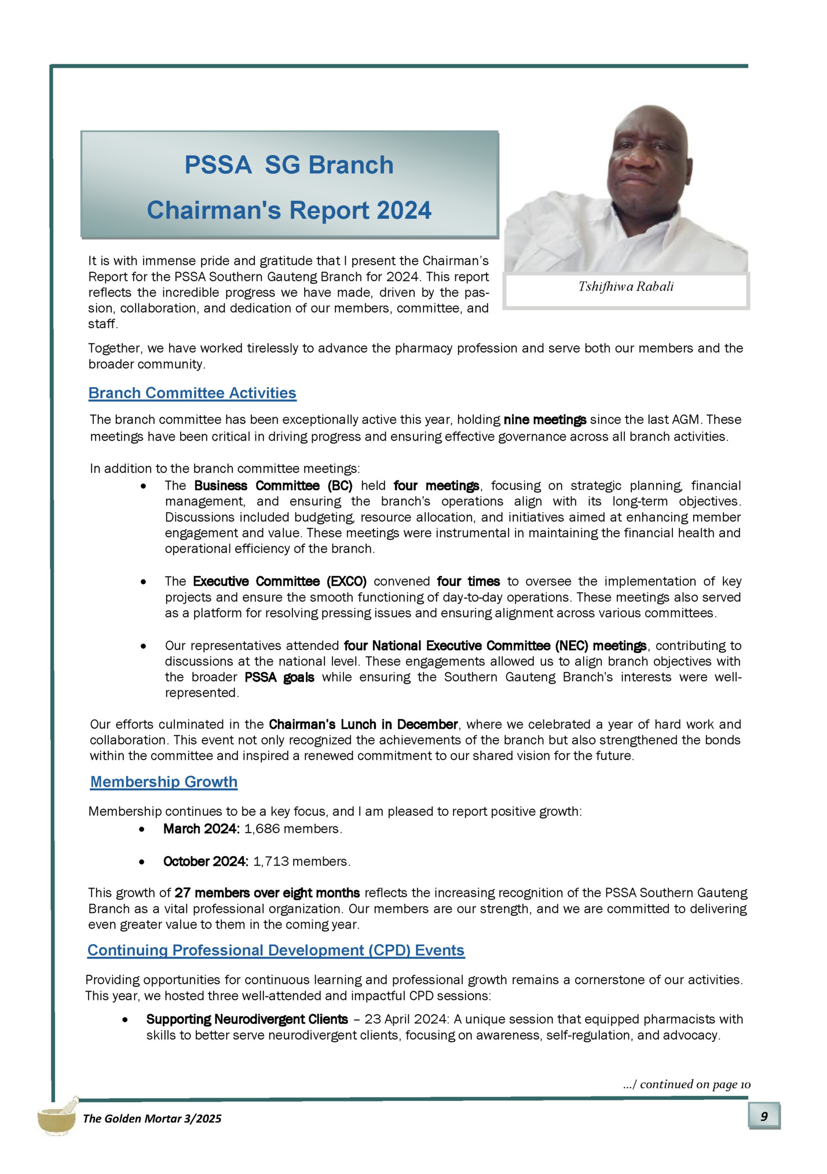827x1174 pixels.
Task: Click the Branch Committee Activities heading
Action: coord(192,393)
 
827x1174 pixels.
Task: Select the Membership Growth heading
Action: coord(163,782)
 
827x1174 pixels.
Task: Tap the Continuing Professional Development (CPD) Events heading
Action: coord(276,951)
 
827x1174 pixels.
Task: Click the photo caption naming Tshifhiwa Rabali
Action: coord(625,287)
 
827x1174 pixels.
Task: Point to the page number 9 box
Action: coord(764,1116)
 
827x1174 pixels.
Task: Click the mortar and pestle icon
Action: coord(57,1116)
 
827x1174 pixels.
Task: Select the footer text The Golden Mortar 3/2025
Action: coord(152,1118)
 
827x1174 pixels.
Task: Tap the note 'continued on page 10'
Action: coord(687,1084)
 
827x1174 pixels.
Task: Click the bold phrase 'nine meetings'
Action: coord(545,420)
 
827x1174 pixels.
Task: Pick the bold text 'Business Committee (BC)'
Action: coord(273,486)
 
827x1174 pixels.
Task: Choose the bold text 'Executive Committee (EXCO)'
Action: coord(280,581)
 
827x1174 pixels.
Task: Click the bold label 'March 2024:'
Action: coord(202,829)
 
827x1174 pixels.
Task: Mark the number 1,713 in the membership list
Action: coord(270,861)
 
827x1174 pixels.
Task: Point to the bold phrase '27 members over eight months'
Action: coord(267,893)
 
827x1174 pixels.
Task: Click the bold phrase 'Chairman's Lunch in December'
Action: coord(363,724)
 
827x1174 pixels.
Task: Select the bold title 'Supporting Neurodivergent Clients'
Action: coord(247,1019)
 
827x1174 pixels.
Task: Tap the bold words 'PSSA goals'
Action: coord(279,677)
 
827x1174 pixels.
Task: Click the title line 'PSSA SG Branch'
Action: coord(288,165)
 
